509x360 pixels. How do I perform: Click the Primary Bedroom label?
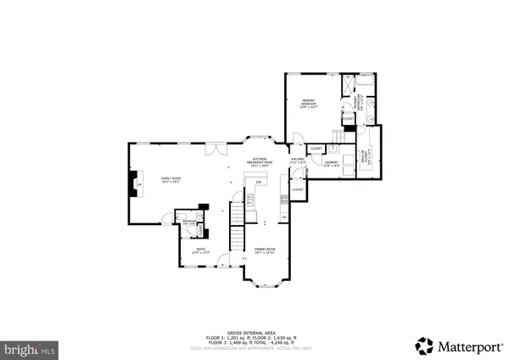pyautogui.click(x=307, y=105)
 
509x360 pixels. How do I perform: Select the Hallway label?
pyautogui.click(x=298, y=160)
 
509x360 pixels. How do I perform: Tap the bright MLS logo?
pyautogui.click(x=29, y=348)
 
